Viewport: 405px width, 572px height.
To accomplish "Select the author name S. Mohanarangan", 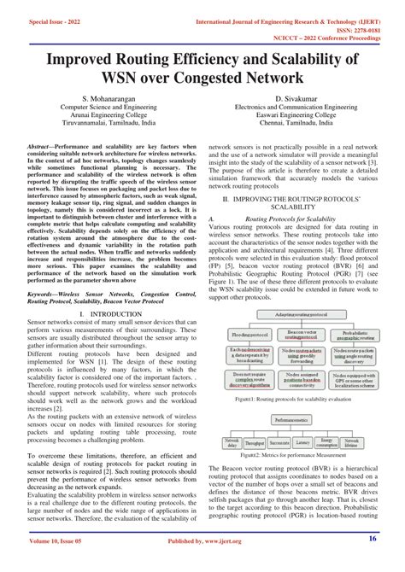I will (104, 101).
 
